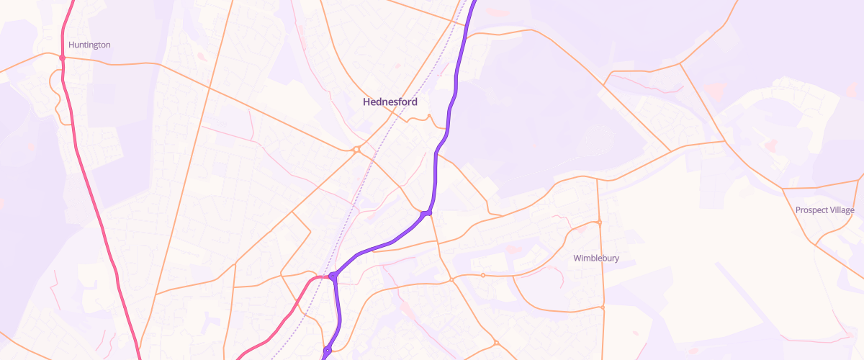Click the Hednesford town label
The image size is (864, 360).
390,102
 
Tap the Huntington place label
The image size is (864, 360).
89,45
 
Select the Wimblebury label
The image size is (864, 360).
596,258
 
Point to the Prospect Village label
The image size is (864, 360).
825,210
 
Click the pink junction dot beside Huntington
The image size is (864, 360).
63,58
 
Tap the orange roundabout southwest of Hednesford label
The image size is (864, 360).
356,150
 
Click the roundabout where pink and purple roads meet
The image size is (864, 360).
333,276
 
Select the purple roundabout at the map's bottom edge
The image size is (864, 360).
327,351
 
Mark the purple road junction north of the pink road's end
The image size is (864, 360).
428,213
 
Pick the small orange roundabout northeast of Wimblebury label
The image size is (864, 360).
599,222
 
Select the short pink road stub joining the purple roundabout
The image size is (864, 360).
322,276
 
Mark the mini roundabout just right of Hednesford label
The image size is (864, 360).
429,116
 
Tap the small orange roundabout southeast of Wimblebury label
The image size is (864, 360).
603,307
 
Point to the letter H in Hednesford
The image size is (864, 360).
366,102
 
